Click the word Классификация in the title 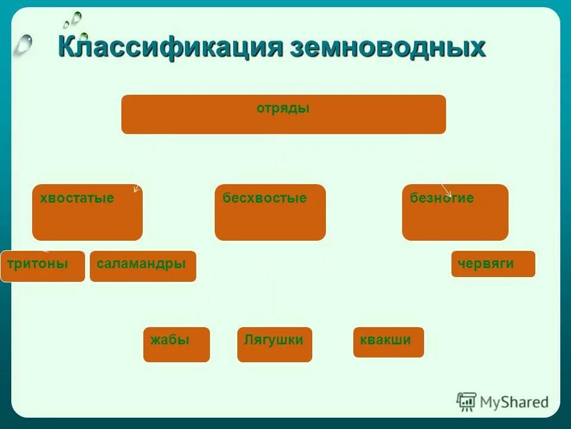tap(170, 46)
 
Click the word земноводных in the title tap(388, 46)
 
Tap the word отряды tap(283, 108)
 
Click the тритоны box tap(42, 266)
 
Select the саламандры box tap(143, 266)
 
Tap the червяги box tap(493, 264)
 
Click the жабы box tap(176, 344)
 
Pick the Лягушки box tap(274, 344)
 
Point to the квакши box tap(388, 342)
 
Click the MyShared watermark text tap(514, 402)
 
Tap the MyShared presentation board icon tap(467, 402)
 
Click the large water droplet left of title tap(23, 43)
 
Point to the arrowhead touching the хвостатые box tap(136, 189)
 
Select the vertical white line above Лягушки tap(273, 295)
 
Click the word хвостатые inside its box tap(77, 198)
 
